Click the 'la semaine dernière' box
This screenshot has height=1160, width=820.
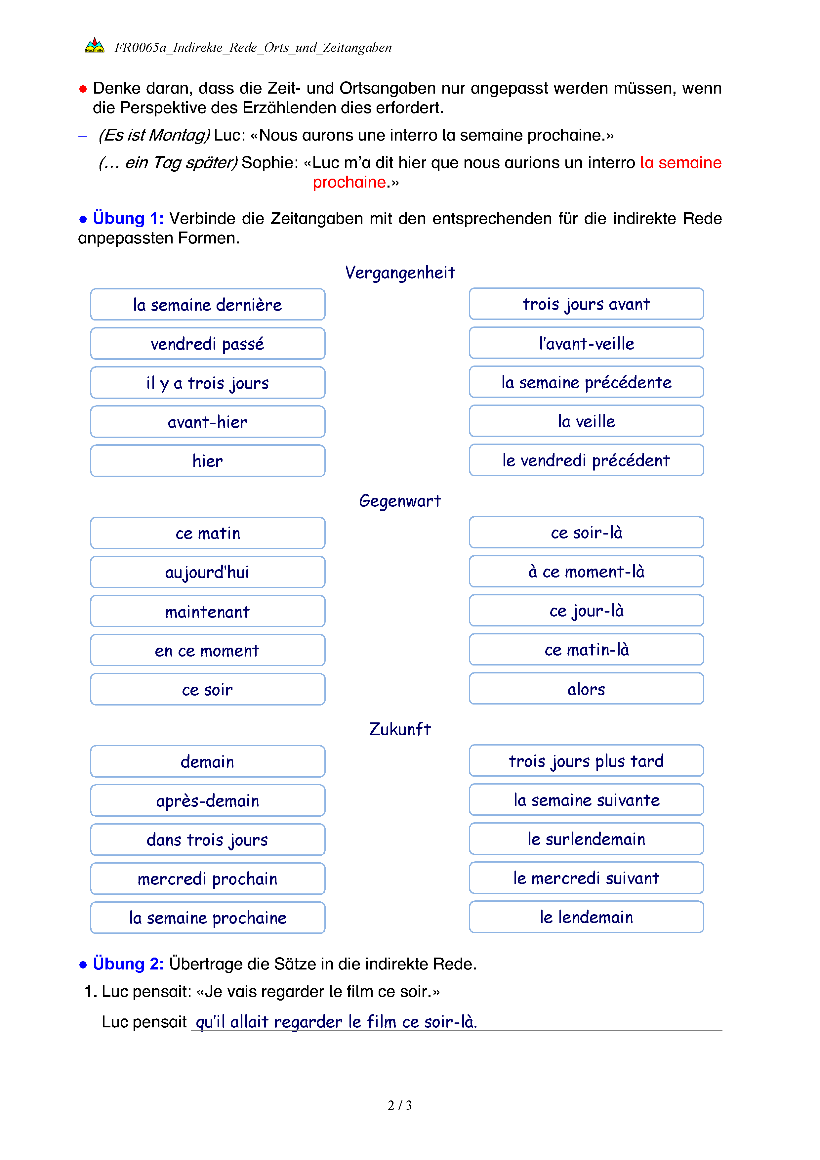tap(208, 305)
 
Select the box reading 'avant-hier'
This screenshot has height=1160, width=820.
tap(208, 422)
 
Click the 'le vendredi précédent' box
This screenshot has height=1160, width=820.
tap(586, 460)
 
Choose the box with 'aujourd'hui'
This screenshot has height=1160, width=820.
tap(208, 573)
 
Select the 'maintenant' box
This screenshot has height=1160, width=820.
tap(208, 612)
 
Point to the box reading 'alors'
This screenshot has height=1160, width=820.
tap(586, 689)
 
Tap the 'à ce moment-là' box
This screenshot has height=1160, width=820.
tap(586, 572)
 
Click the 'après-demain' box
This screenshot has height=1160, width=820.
tap(208, 801)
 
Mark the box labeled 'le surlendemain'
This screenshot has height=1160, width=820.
tap(586, 839)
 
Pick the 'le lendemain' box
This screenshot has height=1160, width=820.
tap(586, 917)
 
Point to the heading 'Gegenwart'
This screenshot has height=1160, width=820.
tap(400, 501)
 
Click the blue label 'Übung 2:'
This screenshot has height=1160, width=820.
tap(128, 964)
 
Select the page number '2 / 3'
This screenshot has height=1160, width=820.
tap(400, 1105)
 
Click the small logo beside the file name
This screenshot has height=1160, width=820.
tap(95, 46)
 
